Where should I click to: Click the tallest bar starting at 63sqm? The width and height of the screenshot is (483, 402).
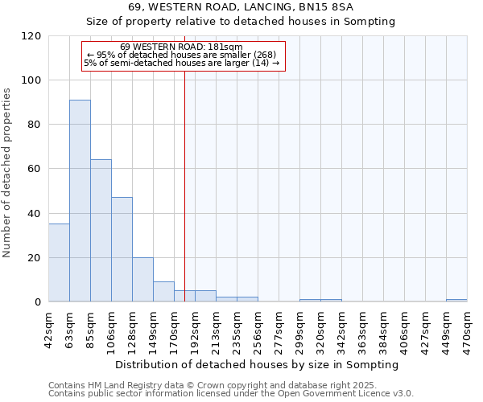point(80,201)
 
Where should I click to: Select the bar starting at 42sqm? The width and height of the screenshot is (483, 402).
point(59,263)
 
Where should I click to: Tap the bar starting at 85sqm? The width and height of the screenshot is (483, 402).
point(101,231)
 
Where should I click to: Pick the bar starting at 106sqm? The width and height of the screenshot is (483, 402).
point(122,249)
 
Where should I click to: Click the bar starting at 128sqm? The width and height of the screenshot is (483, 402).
point(142,280)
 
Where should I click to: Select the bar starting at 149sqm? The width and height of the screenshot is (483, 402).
point(163,292)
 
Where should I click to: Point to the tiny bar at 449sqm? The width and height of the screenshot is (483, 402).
point(456,301)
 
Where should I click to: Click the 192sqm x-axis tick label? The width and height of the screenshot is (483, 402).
point(195,328)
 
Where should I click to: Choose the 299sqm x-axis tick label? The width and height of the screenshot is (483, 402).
point(299,328)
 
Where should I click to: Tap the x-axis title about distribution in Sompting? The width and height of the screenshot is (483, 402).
point(257,364)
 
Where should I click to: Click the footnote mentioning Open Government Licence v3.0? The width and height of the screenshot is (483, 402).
point(231,393)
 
